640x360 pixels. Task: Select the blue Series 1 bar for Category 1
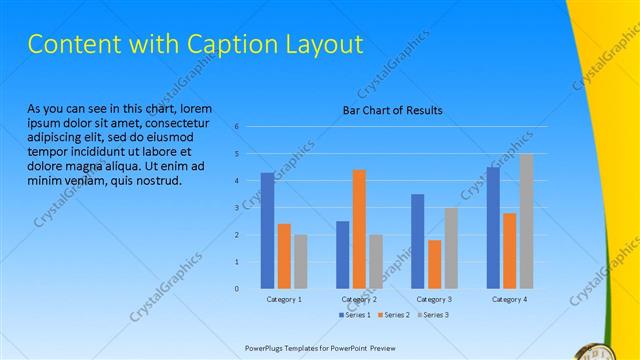(x=268, y=230)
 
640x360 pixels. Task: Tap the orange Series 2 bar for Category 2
(x=359, y=229)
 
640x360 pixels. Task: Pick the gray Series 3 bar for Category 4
(x=526, y=221)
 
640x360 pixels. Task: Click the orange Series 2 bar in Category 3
(x=434, y=264)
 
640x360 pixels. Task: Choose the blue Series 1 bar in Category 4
(x=493, y=228)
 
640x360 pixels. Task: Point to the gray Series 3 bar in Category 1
(x=301, y=261)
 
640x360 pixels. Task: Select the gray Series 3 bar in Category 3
(x=451, y=248)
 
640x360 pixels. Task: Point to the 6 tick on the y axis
(x=237, y=127)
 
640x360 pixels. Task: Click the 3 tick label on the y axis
(x=237, y=208)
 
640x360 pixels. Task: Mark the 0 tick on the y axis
(x=237, y=289)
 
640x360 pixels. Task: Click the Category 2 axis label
(x=359, y=300)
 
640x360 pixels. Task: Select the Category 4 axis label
(x=510, y=300)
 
